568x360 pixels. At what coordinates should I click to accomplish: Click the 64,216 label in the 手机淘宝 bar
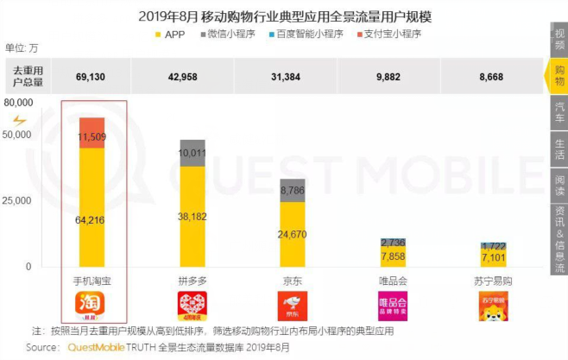[92, 220]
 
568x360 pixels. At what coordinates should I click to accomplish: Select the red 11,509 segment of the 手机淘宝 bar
[92, 136]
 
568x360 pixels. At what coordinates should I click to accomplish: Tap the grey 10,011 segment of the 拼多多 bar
[192, 154]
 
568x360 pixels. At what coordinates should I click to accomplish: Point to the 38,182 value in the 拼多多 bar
[192, 216]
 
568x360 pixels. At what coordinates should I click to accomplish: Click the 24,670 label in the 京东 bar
[292, 233]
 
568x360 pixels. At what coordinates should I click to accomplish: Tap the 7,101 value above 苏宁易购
[493, 257]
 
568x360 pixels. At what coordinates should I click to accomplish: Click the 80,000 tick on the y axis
[18, 103]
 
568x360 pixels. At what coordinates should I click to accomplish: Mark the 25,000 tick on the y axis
[18, 199]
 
